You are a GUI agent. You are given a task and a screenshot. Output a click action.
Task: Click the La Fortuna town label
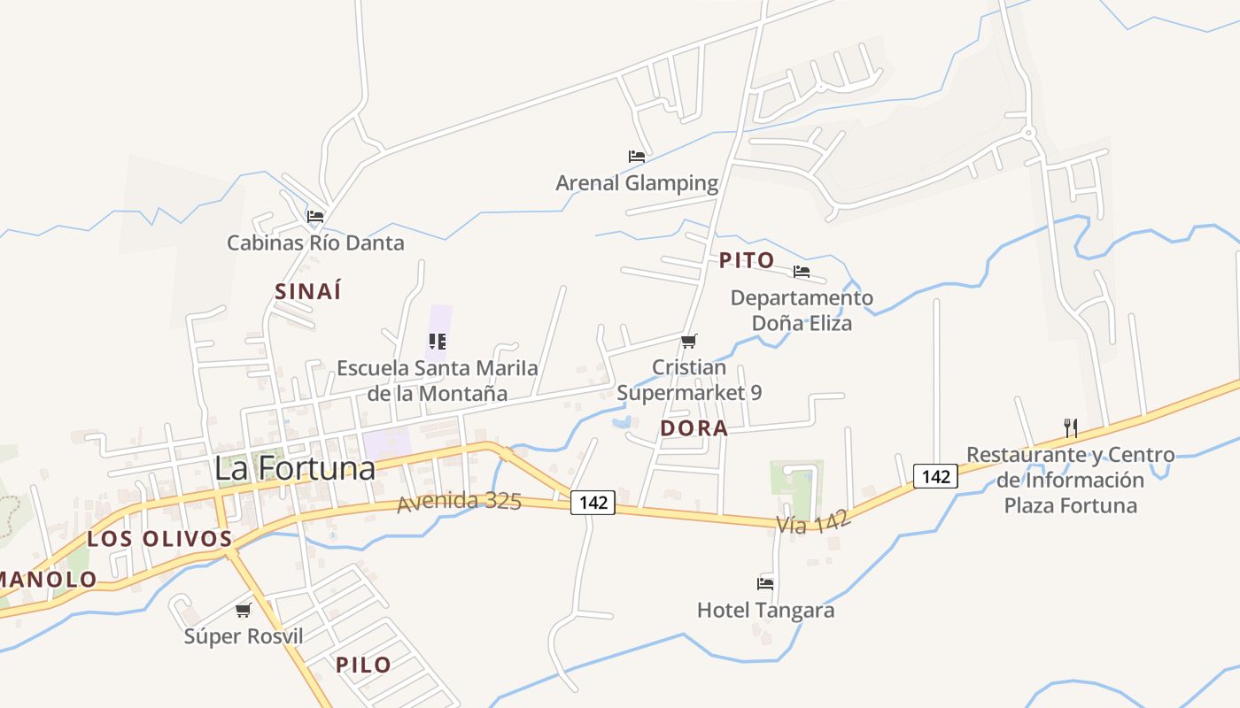(x=295, y=469)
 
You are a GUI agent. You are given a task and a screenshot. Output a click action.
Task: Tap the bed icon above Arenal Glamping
(x=637, y=157)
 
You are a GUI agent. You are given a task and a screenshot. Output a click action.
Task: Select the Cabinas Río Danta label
(x=315, y=242)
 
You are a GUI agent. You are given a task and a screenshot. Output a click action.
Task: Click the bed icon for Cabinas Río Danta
(x=315, y=216)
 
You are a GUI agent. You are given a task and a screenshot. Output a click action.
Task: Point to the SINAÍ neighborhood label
(x=308, y=291)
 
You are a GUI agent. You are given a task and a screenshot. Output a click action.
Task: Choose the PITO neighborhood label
(x=747, y=260)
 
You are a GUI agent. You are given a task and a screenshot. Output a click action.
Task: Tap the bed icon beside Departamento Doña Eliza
(x=802, y=272)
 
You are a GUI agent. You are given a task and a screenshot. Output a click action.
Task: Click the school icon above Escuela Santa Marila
(x=437, y=341)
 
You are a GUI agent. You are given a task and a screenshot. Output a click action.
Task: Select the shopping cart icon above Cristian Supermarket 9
(x=689, y=341)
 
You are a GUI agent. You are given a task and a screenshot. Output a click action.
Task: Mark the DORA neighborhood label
(x=694, y=428)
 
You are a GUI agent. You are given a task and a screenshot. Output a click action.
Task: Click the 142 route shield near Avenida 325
(x=593, y=503)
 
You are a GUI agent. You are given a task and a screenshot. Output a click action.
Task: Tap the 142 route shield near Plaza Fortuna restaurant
(x=935, y=476)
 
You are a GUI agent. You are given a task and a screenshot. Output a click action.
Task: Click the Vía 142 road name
(x=813, y=522)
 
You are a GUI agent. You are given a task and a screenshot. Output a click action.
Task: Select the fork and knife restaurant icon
(x=1071, y=428)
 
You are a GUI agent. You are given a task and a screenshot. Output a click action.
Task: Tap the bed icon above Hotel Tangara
(x=765, y=583)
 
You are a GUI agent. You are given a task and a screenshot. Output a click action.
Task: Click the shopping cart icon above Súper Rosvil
(x=244, y=610)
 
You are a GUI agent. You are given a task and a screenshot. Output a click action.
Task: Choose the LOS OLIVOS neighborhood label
(x=159, y=539)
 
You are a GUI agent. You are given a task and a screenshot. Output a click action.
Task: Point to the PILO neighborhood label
(x=363, y=665)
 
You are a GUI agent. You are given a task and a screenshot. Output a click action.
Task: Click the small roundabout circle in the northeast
(x=1028, y=133)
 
